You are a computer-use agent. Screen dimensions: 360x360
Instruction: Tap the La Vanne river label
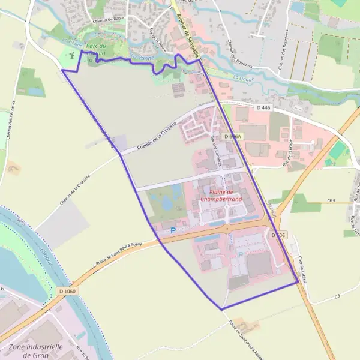click(142, 58)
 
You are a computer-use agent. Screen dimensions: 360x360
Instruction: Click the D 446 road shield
click(263, 107)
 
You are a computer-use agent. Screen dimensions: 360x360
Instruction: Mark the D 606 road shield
click(277, 235)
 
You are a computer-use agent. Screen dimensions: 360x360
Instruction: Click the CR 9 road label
click(331, 200)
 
